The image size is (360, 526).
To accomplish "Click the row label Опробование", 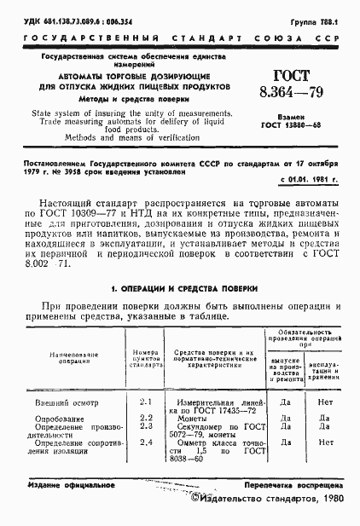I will [x=59, y=418].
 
